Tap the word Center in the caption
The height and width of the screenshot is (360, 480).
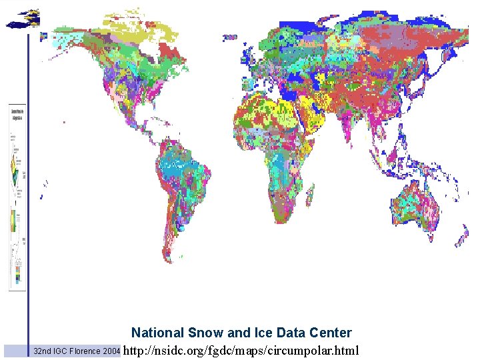(x=329, y=333)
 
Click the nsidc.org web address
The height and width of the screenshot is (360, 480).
(x=241, y=351)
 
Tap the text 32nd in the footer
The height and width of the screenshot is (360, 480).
(x=43, y=351)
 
